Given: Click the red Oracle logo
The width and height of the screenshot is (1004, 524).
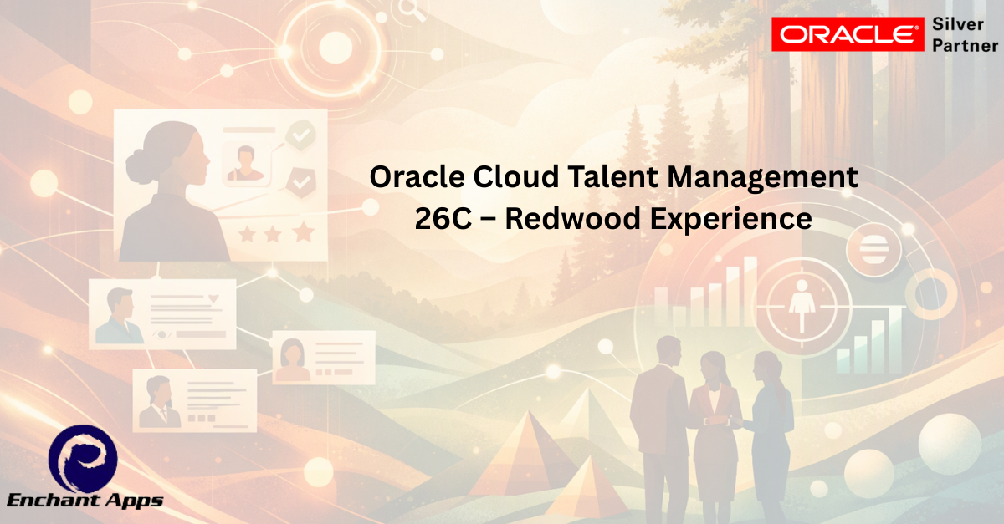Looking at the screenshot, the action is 848,34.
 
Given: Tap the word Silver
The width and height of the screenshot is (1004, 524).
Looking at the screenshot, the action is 958,24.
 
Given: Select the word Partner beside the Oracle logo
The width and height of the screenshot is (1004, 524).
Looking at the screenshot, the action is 966,46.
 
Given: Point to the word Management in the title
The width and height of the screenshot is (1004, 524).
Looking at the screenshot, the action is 762,178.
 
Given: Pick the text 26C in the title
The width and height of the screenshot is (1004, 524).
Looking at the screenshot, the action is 443,219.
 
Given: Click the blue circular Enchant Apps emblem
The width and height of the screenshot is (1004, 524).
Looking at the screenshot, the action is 83,459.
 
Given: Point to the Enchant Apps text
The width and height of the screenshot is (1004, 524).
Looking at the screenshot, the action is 85,501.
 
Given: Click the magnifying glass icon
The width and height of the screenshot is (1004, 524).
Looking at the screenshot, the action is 412,10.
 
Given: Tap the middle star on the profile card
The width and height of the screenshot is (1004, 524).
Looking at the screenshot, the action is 273,234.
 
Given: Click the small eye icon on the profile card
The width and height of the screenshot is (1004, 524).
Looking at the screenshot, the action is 161,334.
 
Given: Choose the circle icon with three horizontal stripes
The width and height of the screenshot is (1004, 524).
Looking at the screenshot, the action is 873,249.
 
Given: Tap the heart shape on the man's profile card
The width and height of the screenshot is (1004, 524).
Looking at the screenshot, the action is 214,298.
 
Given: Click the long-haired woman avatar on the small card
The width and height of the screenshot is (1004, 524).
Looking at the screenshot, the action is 292,359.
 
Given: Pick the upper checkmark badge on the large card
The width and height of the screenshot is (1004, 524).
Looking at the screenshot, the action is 300,135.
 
